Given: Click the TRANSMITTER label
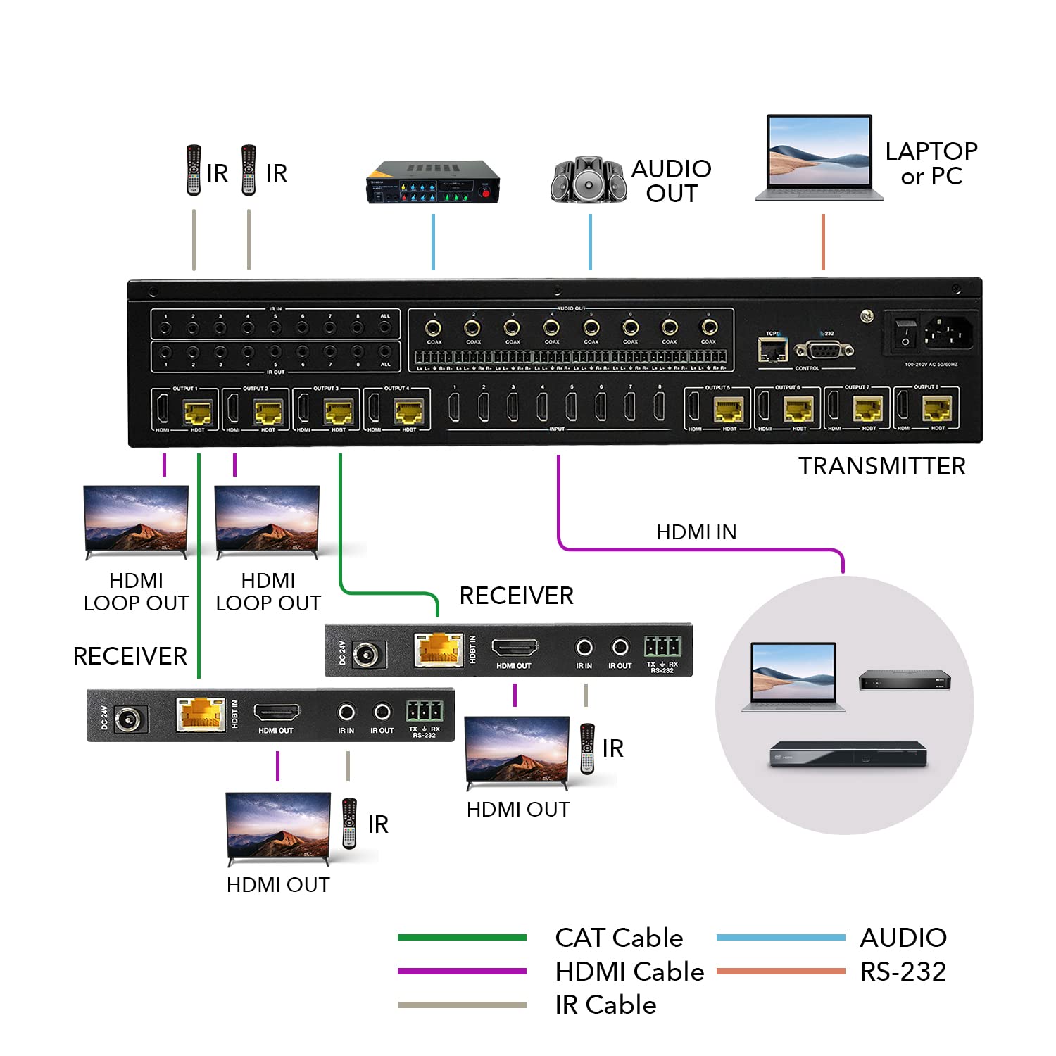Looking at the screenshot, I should click(881, 466).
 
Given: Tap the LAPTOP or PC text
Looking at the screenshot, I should click(931, 163).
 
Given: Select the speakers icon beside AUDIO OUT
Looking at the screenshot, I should click(589, 180).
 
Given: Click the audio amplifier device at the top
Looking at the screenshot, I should click(432, 182).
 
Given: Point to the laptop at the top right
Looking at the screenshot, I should click(819, 158).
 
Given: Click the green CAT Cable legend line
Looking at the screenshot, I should click(462, 937).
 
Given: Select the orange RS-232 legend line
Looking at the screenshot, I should click(780, 972).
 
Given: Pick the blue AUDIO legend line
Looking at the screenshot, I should click(780, 937).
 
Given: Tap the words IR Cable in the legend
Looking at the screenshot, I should click(605, 1005).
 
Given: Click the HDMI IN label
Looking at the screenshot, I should click(696, 532).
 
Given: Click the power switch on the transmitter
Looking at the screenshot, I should click(905, 332).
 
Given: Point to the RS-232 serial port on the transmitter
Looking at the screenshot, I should click(824, 349).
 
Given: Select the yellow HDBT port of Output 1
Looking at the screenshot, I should click(198, 411).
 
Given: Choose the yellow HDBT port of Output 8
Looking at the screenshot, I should click(937, 409).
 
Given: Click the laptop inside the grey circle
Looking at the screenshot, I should click(793, 676).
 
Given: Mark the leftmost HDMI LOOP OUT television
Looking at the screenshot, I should click(136, 520).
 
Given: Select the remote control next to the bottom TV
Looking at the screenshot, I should click(349, 823).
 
